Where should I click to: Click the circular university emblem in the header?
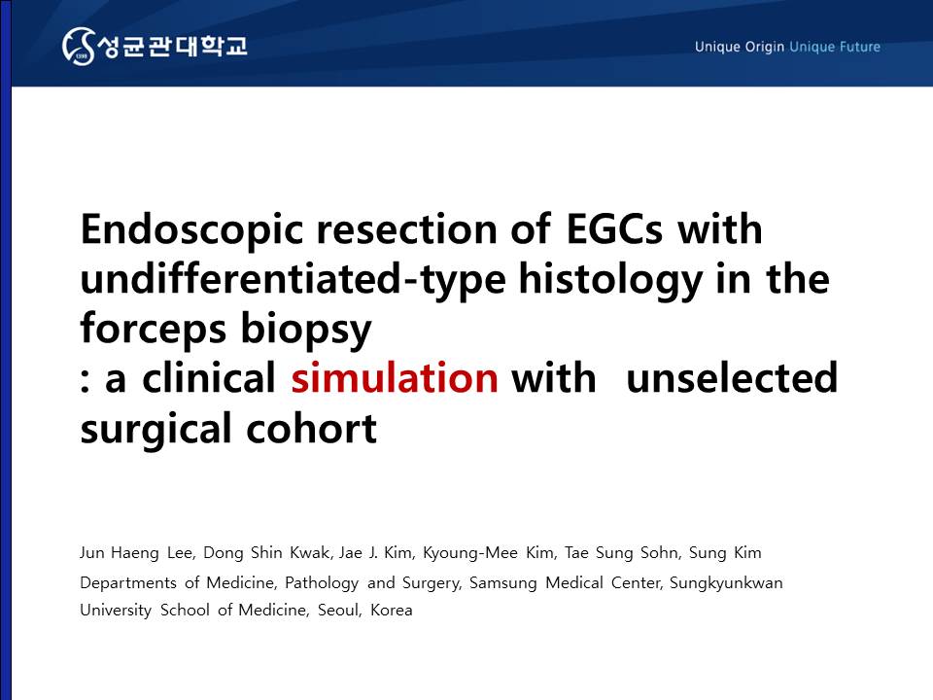click(x=78, y=46)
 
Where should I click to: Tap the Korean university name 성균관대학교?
click(x=173, y=47)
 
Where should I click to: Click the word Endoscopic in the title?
click(x=191, y=229)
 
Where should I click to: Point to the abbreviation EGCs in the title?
click(x=614, y=228)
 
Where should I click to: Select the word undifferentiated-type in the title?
click(x=293, y=279)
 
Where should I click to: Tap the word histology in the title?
click(x=610, y=279)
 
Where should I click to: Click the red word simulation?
click(x=395, y=377)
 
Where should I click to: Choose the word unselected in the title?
click(x=732, y=377)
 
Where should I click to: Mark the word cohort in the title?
click(x=311, y=428)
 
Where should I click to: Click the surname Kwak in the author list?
click(x=310, y=552)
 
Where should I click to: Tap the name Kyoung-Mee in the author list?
click(x=470, y=553)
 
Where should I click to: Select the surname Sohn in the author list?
click(x=660, y=552)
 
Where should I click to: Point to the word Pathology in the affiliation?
click(x=322, y=582)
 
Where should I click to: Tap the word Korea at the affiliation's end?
click(x=391, y=611)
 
